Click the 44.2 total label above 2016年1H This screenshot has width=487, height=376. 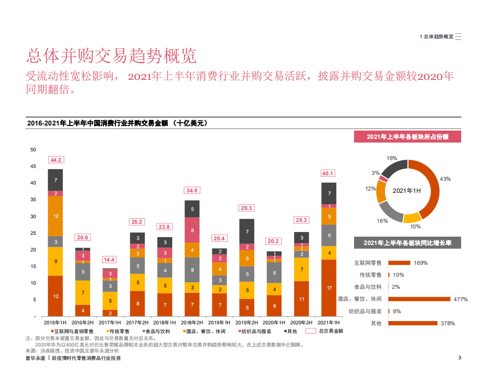click(x=55, y=160)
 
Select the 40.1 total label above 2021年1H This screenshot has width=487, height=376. click(x=328, y=173)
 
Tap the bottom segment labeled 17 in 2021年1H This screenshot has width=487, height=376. click(x=329, y=288)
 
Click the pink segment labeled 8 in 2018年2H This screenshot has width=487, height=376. click(x=192, y=230)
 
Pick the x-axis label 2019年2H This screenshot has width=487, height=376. click(x=247, y=322)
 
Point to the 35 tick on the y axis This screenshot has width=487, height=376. click(x=33, y=200)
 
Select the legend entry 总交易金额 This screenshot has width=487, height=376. click(x=331, y=331)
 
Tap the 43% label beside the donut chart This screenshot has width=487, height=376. click(x=445, y=179)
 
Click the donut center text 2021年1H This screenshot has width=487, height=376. click(x=407, y=191)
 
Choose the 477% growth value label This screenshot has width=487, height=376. click(x=461, y=299)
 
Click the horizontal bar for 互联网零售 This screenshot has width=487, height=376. click(x=399, y=263)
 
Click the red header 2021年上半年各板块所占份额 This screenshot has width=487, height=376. click(x=407, y=137)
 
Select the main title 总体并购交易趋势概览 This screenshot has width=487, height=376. click(x=111, y=56)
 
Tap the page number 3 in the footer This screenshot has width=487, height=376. click(x=459, y=358)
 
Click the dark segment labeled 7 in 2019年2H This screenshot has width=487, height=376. click(x=247, y=232)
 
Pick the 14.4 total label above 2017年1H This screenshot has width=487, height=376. click(x=110, y=260)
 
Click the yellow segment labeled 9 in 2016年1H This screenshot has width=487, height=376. click(x=55, y=261)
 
